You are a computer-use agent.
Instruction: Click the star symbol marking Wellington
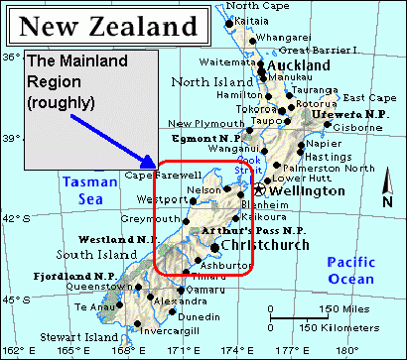[x=260, y=189]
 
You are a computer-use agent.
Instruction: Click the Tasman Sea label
[x=82, y=189]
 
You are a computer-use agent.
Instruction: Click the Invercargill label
[x=166, y=331]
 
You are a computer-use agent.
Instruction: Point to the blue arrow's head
[x=153, y=163]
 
